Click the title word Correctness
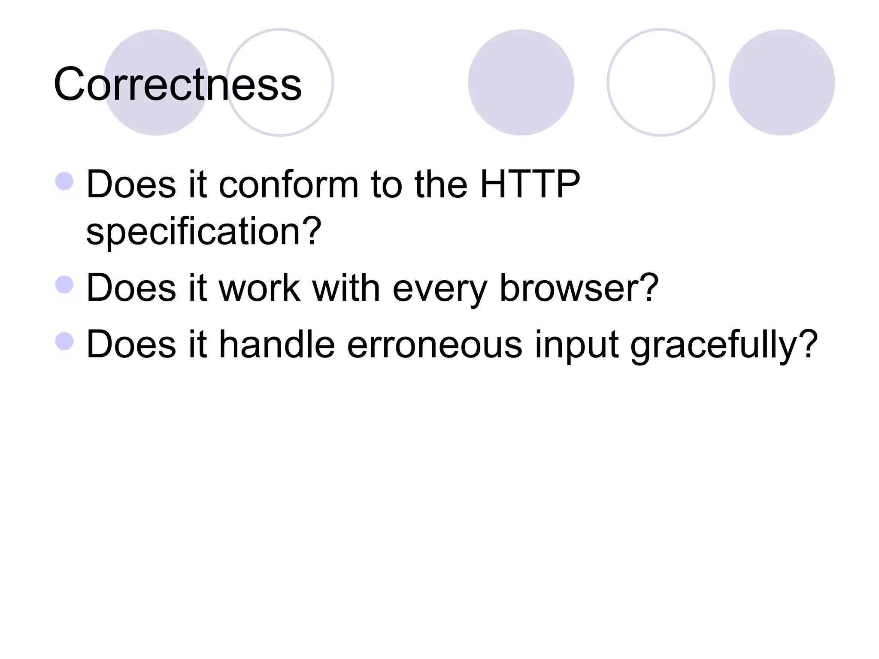178,85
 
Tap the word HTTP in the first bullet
530,184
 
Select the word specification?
204,232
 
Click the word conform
288,185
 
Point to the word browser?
579,288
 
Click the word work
260,288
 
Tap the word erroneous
434,345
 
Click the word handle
277,344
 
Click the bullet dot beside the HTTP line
65,181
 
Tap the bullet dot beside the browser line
65,284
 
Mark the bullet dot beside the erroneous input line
65,342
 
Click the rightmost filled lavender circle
782,82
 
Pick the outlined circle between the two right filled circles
661,82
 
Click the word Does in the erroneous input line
131,344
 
